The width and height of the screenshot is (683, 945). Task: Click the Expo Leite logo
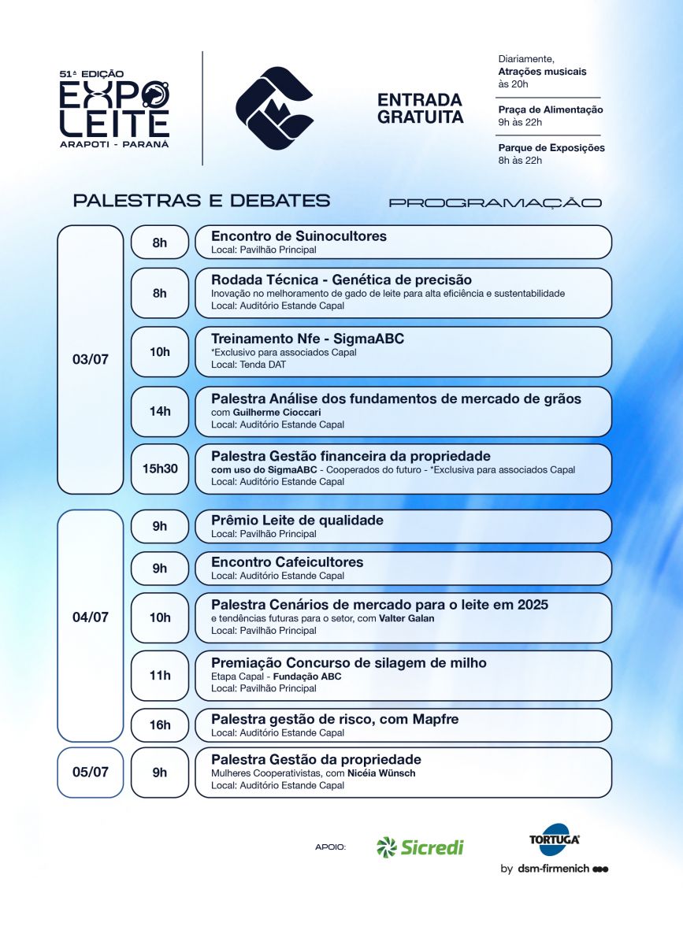pos(114,108)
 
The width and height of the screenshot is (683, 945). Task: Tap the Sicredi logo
pos(420,847)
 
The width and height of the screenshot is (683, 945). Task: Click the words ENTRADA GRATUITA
pos(420,109)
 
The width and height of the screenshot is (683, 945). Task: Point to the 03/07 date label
pos(90,360)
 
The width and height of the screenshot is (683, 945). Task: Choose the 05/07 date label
pos(90,772)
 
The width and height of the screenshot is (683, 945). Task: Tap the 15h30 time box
pos(160,468)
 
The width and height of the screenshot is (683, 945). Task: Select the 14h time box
pos(160,410)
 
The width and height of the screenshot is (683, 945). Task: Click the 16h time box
pos(160,724)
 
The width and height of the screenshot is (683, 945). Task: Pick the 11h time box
pos(160,675)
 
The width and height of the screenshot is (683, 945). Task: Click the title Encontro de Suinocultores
pos(299,236)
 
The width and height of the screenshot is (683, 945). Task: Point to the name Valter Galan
pos(406,618)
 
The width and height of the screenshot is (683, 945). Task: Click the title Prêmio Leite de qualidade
pos(297,521)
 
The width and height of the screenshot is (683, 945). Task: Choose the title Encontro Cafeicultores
pos(287,562)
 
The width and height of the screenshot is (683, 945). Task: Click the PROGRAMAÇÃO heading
pos(495,202)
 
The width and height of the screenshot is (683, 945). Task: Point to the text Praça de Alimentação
pos(551,109)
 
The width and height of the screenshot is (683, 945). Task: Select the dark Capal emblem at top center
pos(273,108)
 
